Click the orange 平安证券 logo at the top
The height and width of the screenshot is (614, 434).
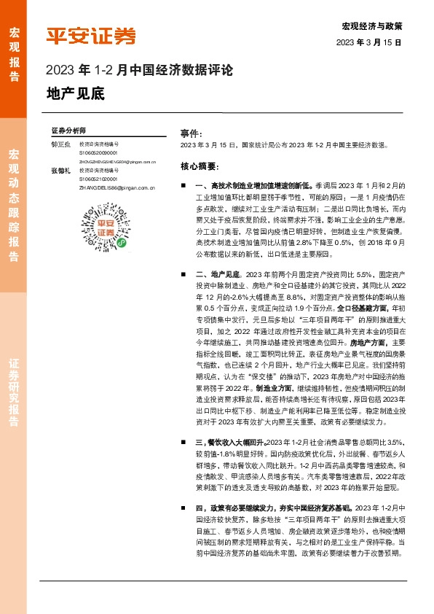click(x=90, y=36)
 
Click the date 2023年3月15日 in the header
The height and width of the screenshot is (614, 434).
click(x=369, y=43)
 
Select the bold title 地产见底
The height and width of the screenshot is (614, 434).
click(x=75, y=94)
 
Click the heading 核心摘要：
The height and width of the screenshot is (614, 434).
click(x=198, y=166)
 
